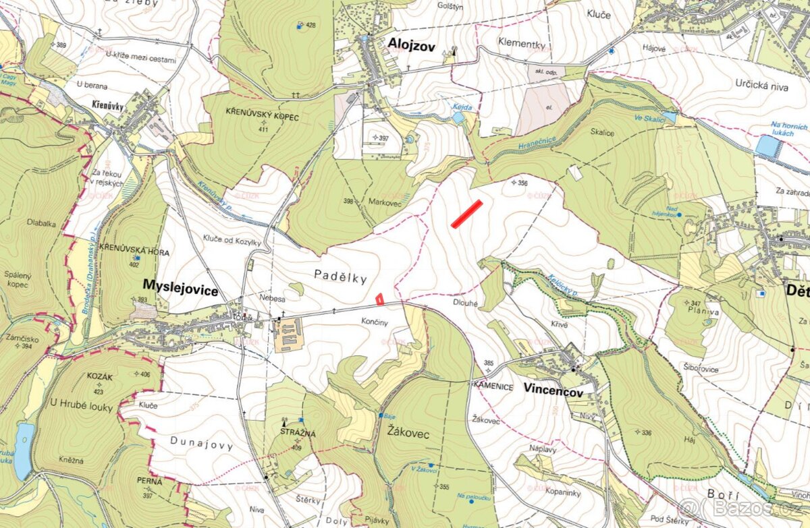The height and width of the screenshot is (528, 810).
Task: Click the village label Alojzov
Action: tap(411, 45)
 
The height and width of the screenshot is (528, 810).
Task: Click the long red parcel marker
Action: tap(466, 214)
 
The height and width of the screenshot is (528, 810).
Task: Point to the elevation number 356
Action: tap(523, 182)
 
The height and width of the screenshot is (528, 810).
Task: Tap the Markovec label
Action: tap(385, 202)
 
